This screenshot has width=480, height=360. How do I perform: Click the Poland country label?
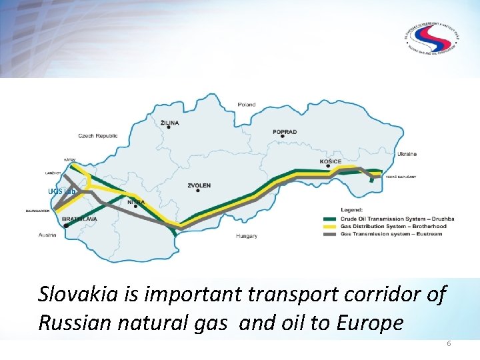click(247, 105)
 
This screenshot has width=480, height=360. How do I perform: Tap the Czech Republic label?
click(98, 136)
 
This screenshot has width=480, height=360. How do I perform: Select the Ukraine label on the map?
click(407, 154)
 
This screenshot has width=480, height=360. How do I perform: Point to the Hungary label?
click(247, 236)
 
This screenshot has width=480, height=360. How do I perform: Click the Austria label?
click(47, 235)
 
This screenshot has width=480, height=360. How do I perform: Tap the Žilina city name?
click(170, 122)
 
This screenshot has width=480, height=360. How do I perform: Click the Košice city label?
click(331, 161)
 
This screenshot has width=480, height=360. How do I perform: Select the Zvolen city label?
click(199, 185)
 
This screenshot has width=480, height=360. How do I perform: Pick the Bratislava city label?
click(79, 219)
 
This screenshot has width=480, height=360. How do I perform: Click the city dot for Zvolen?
click(198, 192)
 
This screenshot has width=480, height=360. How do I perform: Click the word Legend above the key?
click(353, 211)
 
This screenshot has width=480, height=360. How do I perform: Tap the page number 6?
click(449, 343)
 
